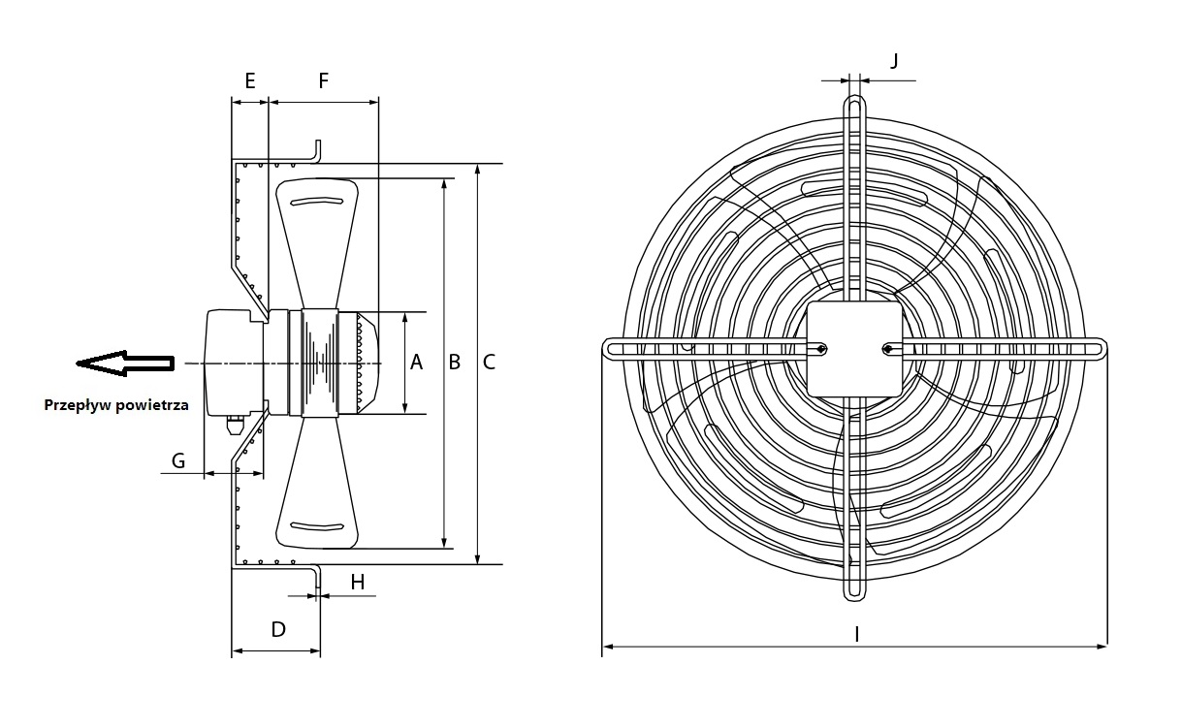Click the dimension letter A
pos(416,363)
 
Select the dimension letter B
pos(455,363)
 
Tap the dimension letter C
pos(489,363)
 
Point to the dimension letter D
pos(278,629)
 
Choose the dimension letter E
pos(250,80)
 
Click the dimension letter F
pos(324,80)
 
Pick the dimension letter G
pos(178,460)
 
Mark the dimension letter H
pos(358,582)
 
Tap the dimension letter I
pos(856,634)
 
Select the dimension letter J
pos(894,61)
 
